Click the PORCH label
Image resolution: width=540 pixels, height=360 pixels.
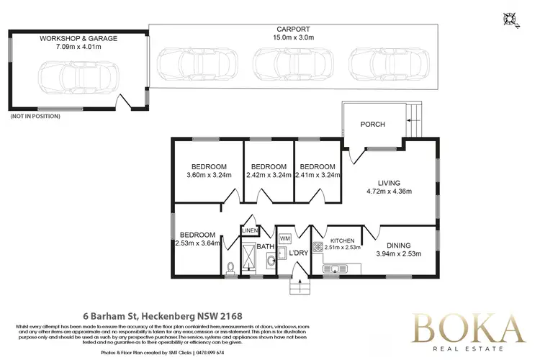[x=372, y=125]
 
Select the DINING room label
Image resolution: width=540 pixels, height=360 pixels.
[x=398, y=245]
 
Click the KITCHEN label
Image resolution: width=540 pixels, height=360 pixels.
[x=342, y=241]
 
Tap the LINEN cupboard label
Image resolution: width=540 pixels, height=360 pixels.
[x=249, y=230]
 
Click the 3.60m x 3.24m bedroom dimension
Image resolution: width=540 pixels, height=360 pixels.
[x=207, y=174]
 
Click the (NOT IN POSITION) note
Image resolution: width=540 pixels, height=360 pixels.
[x=30, y=116]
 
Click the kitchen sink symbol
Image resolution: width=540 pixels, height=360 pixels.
[x=336, y=270]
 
